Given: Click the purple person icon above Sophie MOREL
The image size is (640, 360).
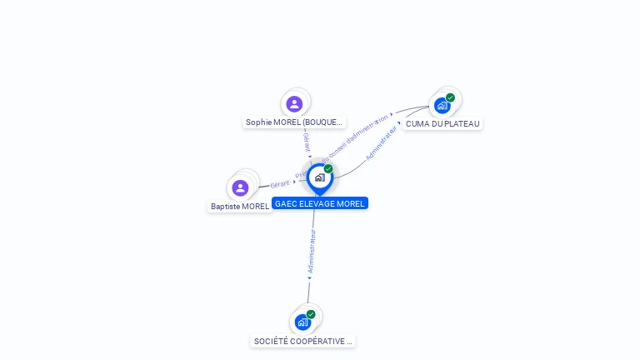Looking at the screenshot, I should point(294,104).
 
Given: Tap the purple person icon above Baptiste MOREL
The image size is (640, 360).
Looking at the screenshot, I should point(241,188).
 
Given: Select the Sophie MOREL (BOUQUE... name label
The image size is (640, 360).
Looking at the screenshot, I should point(293,122).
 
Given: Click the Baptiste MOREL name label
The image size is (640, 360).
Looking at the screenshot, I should point(240,206).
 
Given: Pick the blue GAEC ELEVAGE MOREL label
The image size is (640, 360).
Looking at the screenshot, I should point(320,203).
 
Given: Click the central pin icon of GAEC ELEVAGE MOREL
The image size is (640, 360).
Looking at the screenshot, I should point(319,177).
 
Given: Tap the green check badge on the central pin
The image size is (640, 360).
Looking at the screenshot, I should point(328,169).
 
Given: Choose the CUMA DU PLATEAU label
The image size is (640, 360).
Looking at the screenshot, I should point(442,124).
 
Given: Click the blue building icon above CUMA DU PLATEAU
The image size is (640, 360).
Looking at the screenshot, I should point(442,106).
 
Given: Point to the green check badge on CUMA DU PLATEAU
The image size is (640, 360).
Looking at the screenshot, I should point(451,97).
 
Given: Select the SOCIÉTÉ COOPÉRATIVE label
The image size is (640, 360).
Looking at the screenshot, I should point(303,342).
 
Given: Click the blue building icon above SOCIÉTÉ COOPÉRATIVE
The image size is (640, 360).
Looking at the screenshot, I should point(302,322).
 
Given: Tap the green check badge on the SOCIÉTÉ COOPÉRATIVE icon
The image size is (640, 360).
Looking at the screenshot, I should point(311,314).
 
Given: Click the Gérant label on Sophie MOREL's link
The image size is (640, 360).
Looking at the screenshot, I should point(306,141).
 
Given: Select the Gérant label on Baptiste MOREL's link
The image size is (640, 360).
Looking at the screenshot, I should point(280,183).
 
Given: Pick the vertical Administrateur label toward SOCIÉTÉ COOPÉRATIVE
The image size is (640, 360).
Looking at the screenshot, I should point(312,252).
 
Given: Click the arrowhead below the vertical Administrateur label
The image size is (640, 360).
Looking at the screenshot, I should point(310,278).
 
